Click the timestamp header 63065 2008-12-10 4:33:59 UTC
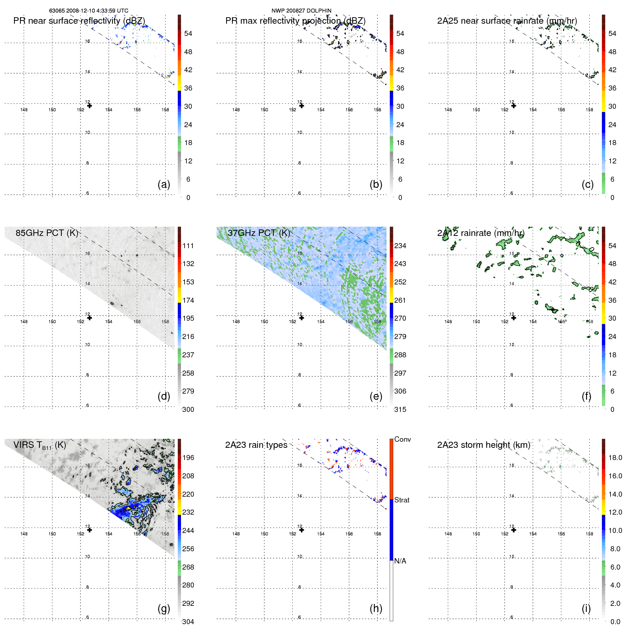88,11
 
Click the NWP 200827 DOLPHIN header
301,11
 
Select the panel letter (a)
164,184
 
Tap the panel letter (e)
376,396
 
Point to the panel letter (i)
586,608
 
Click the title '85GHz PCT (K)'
47,233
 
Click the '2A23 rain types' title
256,445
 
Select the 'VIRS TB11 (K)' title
40,445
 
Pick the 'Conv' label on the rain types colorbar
402,439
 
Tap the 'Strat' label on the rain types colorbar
401,500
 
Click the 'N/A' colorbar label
400,561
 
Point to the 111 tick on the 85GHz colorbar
188,246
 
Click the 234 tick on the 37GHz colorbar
400,246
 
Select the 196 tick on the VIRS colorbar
188,458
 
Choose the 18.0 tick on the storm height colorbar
615,458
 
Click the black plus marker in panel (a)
89,106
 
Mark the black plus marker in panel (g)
89,530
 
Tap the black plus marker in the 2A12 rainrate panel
514,317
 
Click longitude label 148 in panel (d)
24,321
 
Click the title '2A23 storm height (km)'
483,445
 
